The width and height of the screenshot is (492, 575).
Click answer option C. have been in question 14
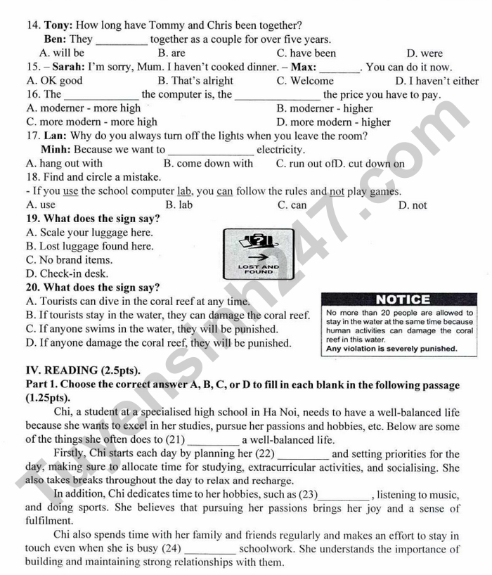point(306,53)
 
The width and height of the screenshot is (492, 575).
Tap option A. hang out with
point(64,164)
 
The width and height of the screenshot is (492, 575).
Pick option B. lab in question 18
point(179,205)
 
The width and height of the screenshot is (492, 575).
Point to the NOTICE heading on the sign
point(403,299)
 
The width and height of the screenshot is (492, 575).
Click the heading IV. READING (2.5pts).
point(83,370)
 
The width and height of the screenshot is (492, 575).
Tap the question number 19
point(32,219)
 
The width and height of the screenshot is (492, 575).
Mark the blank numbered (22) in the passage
point(302,455)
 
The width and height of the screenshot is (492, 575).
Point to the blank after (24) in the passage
point(210,549)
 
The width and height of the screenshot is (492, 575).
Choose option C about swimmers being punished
point(151,329)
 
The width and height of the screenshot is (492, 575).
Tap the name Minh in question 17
point(55,149)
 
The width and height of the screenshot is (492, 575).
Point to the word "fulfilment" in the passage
point(49,522)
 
